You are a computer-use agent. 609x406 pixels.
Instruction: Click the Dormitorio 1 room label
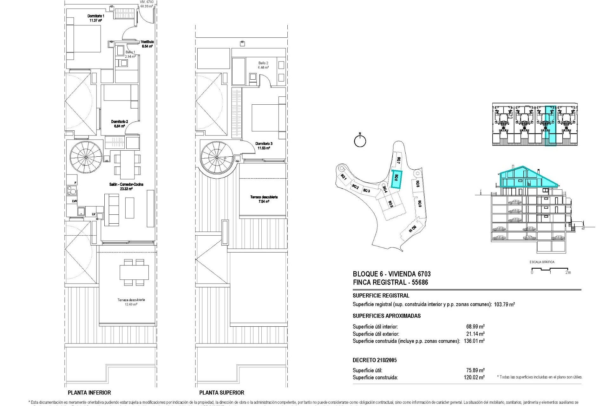[95, 16]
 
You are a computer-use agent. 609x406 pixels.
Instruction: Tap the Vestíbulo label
[147, 42]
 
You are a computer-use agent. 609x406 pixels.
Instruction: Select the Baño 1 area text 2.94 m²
[130, 56]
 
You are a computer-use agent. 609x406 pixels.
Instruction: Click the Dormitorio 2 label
[120, 121]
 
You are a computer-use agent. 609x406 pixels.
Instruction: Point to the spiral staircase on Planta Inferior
[86, 156]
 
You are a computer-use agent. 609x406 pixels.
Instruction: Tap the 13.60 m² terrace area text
[131, 304]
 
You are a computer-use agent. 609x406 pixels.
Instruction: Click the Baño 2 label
[263, 63]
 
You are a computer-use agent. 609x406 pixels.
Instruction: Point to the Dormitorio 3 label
[264, 144]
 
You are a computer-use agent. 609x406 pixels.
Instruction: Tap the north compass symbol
[360, 141]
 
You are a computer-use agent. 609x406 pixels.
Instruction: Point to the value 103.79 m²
[504, 304]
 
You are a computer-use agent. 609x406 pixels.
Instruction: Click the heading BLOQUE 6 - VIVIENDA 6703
[392, 274]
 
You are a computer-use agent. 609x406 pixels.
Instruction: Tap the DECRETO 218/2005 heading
[375, 360]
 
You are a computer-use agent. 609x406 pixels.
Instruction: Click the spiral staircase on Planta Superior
[217, 157]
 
